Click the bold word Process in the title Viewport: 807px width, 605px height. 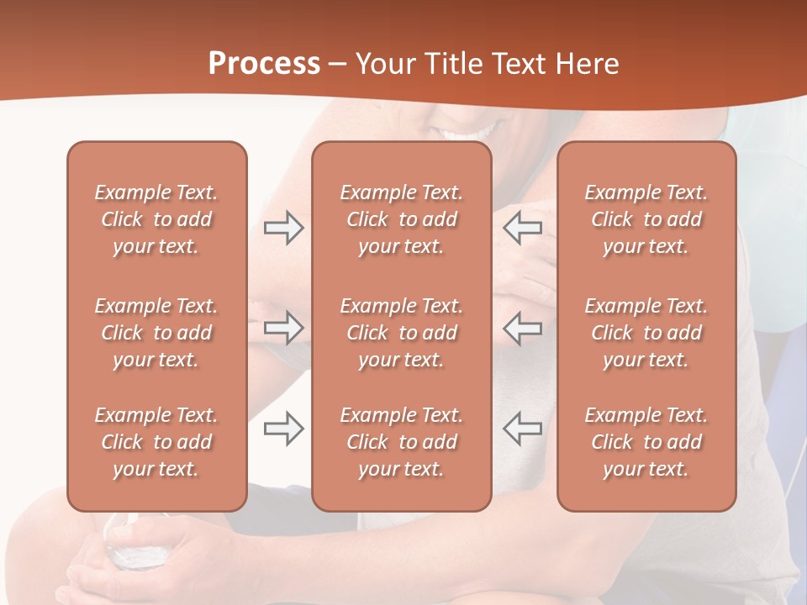(x=264, y=64)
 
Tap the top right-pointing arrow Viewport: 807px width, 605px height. (x=284, y=228)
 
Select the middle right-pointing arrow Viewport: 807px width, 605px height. (x=284, y=328)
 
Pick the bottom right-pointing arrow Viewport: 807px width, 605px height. (x=284, y=429)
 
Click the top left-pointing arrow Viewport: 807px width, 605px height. (x=523, y=228)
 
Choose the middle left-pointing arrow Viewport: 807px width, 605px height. (x=523, y=328)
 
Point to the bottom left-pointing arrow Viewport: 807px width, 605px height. (x=523, y=429)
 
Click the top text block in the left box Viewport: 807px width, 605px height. (x=156, y=219)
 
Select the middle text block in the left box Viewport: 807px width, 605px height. (x=156, y=333)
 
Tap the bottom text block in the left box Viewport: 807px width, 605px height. (x=156, y=442)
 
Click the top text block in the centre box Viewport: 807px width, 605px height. (x=402, y=219)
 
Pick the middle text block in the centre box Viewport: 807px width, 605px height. (x=402, y=333)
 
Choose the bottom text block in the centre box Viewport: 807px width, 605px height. (x=402, y=442)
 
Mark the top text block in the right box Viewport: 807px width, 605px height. (x=646, y=219)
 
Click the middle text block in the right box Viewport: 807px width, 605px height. (x=646, y=333)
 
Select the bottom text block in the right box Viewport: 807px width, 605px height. (x=646, y=442)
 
